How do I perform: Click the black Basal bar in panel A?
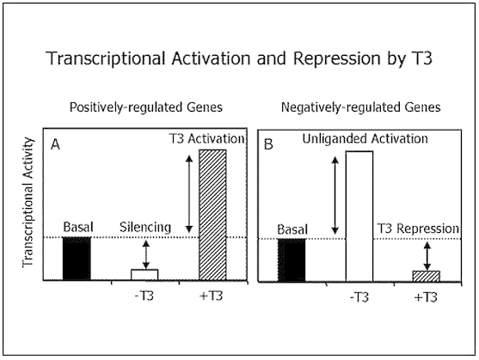tap(77, 259)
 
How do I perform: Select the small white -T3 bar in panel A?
tap(144, 275)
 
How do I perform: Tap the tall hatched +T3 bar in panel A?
tap(213, 215)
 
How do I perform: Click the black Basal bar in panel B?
tap(292, 260)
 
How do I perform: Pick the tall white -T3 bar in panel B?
tap(359, 217)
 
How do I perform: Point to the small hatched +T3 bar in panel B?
tap(427, 276)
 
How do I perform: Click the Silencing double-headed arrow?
tap(146, 254)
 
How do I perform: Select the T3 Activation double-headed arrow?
tap(189, 194)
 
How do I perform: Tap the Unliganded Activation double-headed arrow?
tap(335, 196)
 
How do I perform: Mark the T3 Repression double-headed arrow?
tap(427, 256)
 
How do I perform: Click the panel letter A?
tap(55, 144)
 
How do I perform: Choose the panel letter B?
tap(268, 144)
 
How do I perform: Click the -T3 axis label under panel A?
tap(144, 296)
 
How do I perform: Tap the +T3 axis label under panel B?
tap(426, 297)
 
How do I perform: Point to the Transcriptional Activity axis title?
tap(28, 203)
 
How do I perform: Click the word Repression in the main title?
tap(337, 58)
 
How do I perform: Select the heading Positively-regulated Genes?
tap(146, 107)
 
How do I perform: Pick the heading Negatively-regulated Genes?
tap(361, 107)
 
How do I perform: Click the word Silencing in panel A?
tap(145, 228)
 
